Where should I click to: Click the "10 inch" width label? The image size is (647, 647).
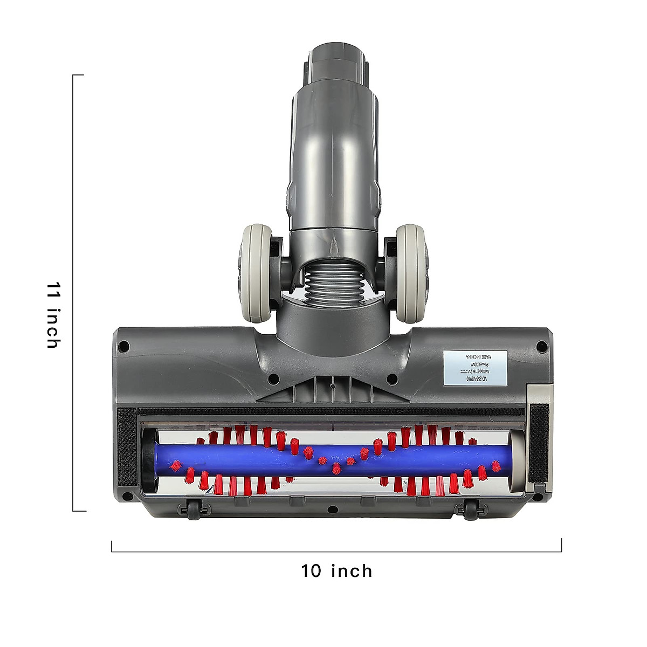click(336, 570)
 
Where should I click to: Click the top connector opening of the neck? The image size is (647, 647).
click(337, 54)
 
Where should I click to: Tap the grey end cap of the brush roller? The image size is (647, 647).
click(517, 461)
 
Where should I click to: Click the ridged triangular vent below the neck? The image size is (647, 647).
click(332, 390)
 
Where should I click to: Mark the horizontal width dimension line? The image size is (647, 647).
click(336, 551)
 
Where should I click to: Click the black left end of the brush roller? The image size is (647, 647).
click(149, 461)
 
